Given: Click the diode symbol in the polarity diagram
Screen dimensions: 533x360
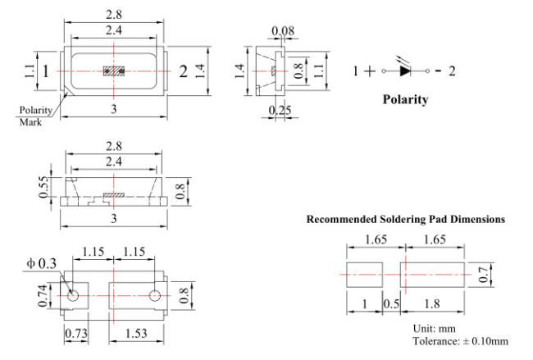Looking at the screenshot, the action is [405, 70].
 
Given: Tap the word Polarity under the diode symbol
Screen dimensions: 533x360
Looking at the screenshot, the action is [405, 99].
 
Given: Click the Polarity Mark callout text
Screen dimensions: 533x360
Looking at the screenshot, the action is [35, 116].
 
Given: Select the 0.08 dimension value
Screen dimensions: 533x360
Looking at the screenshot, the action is [283, 31].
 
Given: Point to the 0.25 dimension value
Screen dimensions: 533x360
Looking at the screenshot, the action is [280, 110].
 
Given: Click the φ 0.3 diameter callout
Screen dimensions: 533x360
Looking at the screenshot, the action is [42, 263].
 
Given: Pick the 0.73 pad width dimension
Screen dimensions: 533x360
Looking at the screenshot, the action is [76, 333].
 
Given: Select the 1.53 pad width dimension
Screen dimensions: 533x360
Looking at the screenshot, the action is [136, 333].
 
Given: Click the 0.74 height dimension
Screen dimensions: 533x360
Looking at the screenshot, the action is [43, 296].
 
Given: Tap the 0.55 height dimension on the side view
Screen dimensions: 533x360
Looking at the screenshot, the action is [43, 187].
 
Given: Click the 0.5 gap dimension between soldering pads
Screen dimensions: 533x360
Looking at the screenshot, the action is [392, 303].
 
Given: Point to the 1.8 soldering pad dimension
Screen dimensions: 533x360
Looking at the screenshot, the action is [432, 303].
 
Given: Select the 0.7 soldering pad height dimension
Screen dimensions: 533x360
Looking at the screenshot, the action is [483, 275].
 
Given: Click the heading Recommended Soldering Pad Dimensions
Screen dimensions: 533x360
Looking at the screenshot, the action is [406, 219].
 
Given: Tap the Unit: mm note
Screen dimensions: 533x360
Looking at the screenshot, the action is [434, 328].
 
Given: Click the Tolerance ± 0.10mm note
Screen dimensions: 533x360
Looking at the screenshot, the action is [461, 341].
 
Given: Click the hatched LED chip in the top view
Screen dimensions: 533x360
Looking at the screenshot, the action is [114, 71].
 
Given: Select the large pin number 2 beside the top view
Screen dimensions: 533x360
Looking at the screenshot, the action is [183, 71].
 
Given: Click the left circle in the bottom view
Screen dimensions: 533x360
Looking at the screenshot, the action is [72, 296].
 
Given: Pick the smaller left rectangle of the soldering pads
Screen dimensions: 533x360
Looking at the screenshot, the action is [364, 275].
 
